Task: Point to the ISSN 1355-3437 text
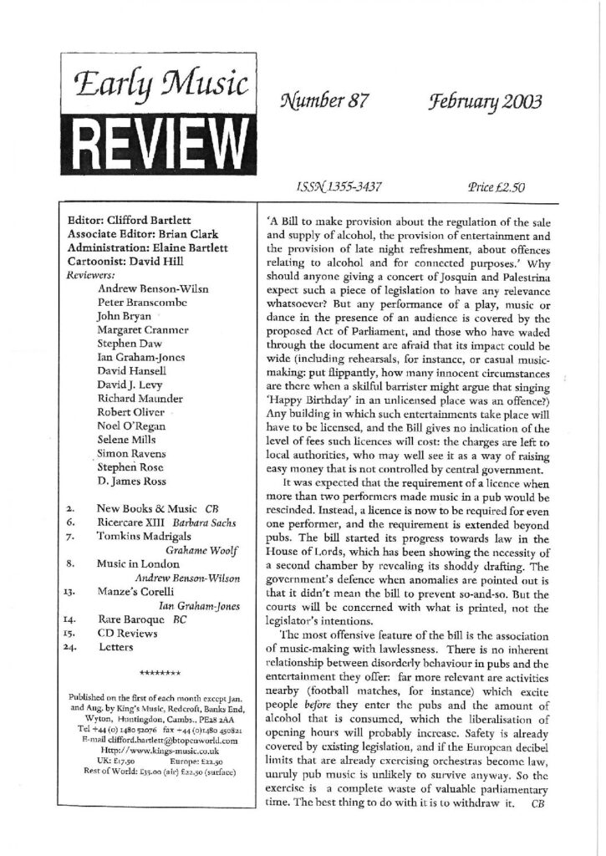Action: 333,188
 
